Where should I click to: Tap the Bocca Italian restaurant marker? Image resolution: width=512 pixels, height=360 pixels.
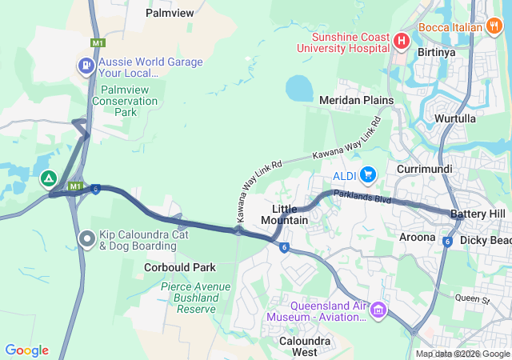(495, 26)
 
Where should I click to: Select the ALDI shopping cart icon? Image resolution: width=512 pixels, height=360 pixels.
(368, 174)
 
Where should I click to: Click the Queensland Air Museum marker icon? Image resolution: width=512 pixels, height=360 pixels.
(379, 310)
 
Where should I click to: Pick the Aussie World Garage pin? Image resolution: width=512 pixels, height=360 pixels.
(85, 65)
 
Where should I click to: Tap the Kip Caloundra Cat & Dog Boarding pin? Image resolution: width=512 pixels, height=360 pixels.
(87, 238)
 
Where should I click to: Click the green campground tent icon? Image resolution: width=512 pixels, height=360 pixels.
(49, 178)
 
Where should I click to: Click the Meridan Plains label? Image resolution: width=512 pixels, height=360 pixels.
(356, 101)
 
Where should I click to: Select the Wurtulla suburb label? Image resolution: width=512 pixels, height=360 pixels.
(454, 118)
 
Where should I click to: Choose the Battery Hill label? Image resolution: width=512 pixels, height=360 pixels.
(478, 214)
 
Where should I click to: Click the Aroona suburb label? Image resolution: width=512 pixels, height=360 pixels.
(418, 238)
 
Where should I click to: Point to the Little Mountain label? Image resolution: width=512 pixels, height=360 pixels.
(285, 214)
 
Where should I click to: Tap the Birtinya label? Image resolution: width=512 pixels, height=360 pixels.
(435, 52)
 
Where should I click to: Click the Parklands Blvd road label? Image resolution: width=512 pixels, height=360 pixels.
(362, 197)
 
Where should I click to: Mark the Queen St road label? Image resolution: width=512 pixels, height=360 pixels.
(472, 299)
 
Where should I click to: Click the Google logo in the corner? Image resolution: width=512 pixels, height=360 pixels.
(26, 350)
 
